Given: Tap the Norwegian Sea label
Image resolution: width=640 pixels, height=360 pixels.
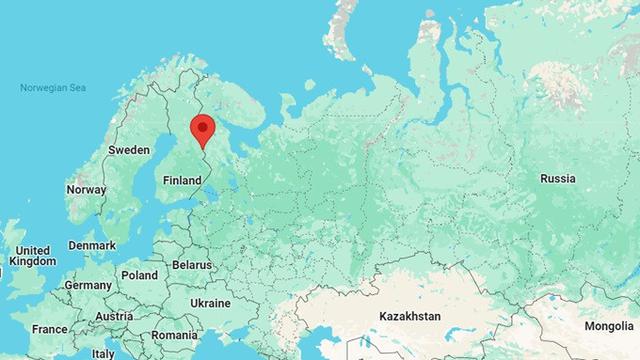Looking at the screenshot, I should [52, 89].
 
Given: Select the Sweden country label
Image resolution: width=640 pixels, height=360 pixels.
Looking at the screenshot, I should [128, 149].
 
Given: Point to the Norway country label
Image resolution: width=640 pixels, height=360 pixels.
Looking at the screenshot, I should [86, 189].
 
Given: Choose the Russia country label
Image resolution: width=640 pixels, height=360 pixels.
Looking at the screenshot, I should [557, 178].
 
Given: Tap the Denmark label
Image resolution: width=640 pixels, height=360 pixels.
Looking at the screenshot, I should [92, 245].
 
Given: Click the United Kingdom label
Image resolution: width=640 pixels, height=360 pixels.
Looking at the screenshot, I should [33, 255].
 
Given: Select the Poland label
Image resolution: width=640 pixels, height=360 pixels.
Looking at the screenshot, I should [139, 275].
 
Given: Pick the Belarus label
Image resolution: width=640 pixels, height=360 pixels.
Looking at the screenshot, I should [192, 265].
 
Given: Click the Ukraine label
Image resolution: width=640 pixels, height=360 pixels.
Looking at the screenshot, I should [210, 303].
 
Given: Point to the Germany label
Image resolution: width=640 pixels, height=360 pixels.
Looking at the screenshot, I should [88, 285].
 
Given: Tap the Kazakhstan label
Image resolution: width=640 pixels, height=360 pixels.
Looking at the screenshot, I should [410, 316].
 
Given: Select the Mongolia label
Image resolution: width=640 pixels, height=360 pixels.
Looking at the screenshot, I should [609, 327].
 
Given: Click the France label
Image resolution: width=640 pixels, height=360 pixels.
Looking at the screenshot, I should [49, 329].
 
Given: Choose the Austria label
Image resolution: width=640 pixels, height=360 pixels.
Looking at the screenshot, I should [114, 317].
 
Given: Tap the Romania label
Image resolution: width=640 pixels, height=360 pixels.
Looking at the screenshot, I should [176, 335].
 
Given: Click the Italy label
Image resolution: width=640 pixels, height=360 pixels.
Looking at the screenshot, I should [103, 353].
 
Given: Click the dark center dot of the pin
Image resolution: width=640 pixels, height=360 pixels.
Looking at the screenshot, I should [203, 127].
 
